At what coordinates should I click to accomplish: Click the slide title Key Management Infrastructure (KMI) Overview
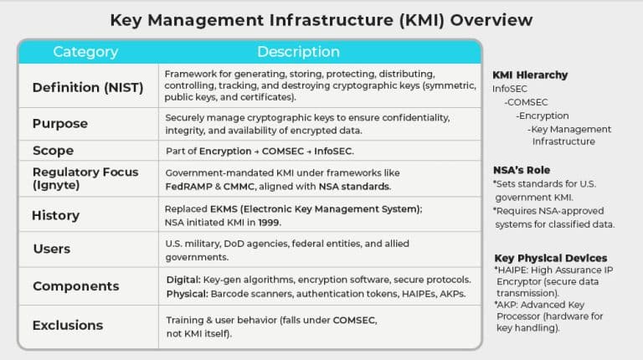click(x=321, y=19)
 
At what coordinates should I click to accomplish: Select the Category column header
click(x=85, y=52)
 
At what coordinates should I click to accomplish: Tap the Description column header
click(x=298, y=52)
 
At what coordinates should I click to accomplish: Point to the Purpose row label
click(x=59, y=123)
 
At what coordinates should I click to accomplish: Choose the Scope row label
click(x=53, y=151)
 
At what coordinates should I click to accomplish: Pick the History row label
click(x=55, y=215)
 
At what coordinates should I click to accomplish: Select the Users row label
click(x=51, y=249)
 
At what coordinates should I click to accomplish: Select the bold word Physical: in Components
click(x=187, y=294)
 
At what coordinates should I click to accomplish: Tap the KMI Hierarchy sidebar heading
click(x=530, y=75)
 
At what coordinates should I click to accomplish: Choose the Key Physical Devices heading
click(x=550, y=258)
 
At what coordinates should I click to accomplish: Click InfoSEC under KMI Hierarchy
click(x=511, y=88)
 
